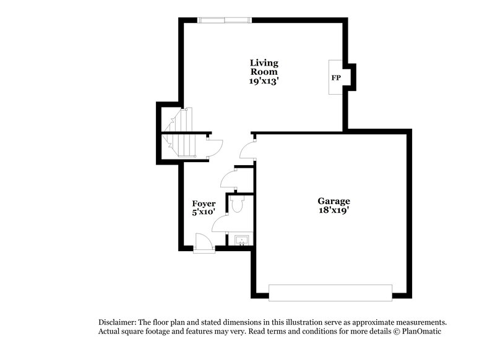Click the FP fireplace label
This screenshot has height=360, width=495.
click(336, 78)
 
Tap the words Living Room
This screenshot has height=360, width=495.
click(264, 67)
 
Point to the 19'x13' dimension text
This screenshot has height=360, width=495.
click(264, 80)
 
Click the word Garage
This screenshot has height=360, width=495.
click(334, 201)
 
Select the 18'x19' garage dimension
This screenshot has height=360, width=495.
click(334, 210)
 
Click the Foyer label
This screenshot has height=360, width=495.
click(204, 204)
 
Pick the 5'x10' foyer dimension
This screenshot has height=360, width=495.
click(204, 212)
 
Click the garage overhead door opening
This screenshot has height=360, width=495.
click(330, 293)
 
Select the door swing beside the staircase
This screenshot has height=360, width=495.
click(214, 148)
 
